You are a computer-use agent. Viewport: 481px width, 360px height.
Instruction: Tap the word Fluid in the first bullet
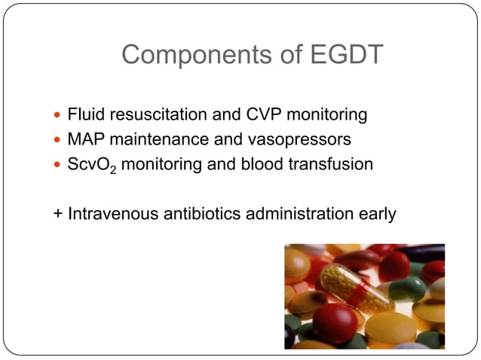pyautogui.click(x=85, y=115)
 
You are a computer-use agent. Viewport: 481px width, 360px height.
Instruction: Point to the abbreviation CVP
pyautogui.click(x=256, y=115)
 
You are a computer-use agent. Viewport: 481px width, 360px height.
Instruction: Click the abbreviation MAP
pyautogui.click(x=85, y=139)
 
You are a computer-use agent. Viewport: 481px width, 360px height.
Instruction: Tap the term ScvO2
pyautogui.click(x=91, y=164)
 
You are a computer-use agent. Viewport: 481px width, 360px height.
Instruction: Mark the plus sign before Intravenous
pyautogui.click(x=57, y=214)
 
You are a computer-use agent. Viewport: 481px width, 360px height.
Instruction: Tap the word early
pyautogui.click(x=378, y=213)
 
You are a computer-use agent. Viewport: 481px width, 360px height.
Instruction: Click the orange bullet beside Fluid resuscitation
pyautogui.click(x=59, y=116)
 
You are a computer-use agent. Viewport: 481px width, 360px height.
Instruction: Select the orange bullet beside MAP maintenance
pyautogui.click(x=59, y=140)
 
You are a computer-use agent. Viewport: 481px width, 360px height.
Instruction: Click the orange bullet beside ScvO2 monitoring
pyautogui.click(x=59, y=164)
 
